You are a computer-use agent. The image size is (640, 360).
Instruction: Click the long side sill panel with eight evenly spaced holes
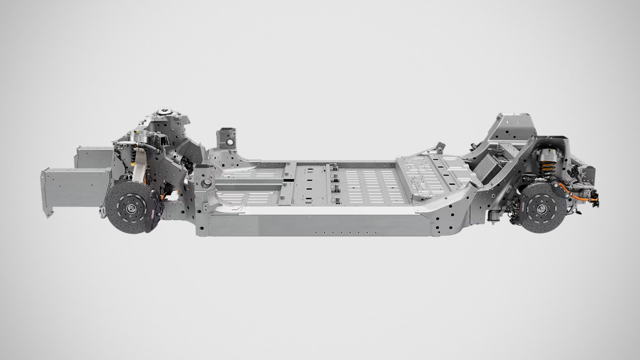coord(336,224)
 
